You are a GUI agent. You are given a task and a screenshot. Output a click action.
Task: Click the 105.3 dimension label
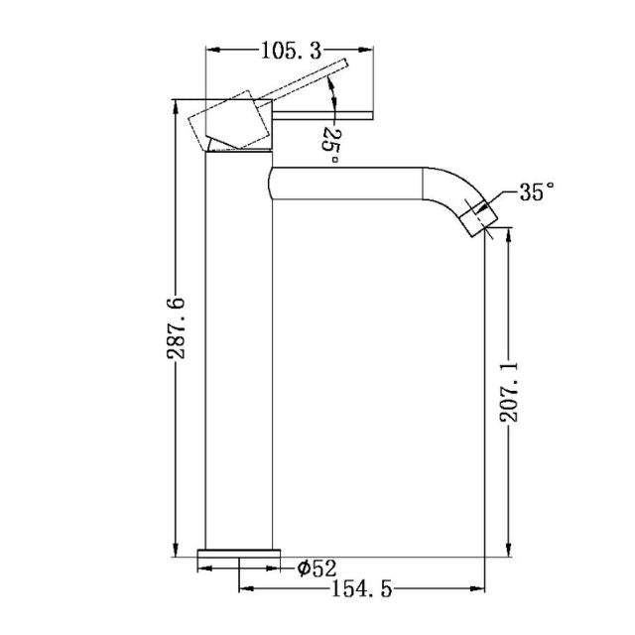[x=278, y=48]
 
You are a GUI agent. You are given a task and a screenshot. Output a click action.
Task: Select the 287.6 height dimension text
[x=176, y=327]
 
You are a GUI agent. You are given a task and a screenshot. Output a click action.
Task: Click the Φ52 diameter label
[x=317, y=568]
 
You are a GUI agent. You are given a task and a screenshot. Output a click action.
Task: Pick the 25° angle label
[x=331, y=144]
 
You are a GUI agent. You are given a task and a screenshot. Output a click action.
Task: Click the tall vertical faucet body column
[x=237, y=357]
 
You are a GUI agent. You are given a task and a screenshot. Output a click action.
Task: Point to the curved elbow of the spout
[x=446, y=190]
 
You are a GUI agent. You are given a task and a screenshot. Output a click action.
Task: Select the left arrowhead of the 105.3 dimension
[x=211, y=48]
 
